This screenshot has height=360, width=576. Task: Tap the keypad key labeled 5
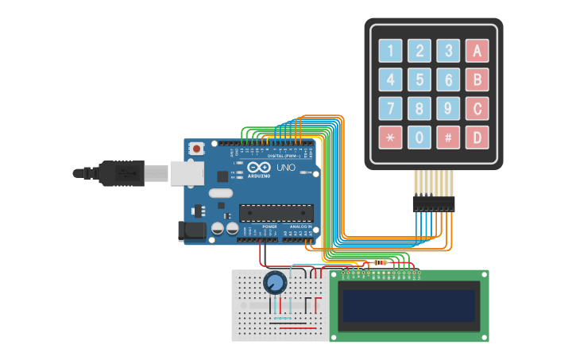click(419, 79)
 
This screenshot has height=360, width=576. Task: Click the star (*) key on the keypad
click(390, 137)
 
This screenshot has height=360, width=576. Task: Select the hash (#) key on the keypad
click(448, 137)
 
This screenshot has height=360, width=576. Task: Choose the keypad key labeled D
click(477, 137)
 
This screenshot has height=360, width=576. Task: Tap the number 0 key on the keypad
click(419, 137)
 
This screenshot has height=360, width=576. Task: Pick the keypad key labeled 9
click(448, 109)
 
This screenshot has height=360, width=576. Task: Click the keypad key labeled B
click(477, 79)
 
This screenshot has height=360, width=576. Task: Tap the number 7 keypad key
click(390, 109)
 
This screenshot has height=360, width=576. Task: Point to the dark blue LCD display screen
click(409, 306)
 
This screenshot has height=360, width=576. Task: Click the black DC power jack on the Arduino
click(191, 230)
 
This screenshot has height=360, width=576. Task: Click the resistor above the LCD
click(381, 262)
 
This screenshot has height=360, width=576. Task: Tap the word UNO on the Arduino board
click(284, 168)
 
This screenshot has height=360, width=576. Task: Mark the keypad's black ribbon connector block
click(433, 204)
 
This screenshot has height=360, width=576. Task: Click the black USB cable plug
click(119, 172)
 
